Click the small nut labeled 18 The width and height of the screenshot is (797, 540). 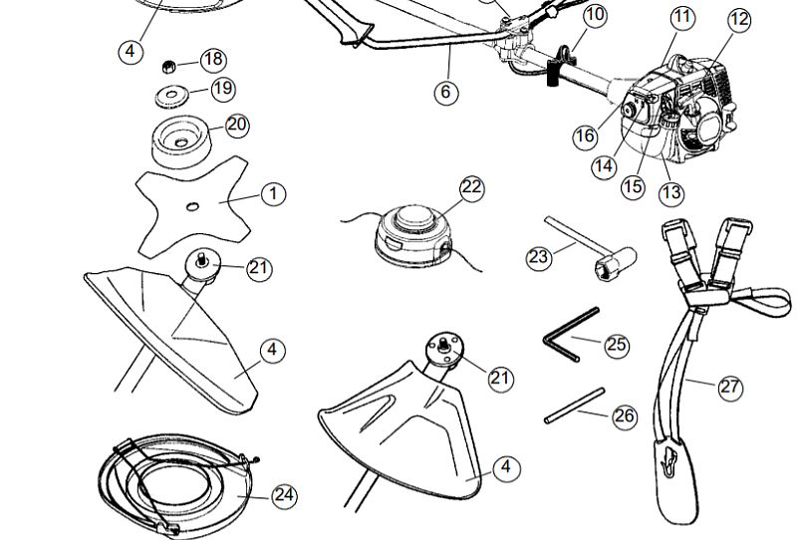[170, 67]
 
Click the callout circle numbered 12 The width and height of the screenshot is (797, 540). [739, 19]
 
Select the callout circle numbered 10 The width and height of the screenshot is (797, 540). [594, 15]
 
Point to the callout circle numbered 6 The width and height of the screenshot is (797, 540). [446, 93]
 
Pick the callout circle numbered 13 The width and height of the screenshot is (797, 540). [671, 192]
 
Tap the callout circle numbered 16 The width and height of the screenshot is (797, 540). [587, 136]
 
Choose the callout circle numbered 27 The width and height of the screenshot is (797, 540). [731, 387]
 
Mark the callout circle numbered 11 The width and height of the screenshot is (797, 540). [682, 17]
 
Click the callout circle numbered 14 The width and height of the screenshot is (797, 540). [604, 166]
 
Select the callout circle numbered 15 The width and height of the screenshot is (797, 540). [634, 186]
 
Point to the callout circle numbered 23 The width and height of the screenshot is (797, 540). [539, 257]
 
